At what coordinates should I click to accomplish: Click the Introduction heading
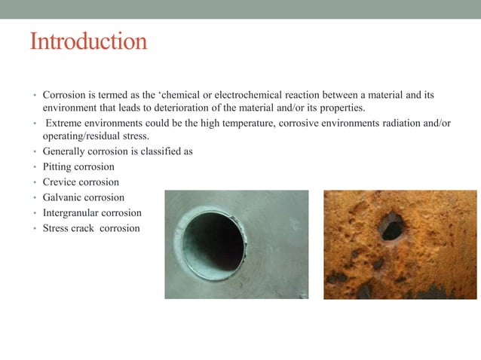click(88, 41)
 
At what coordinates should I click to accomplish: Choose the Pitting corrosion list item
click(78, 166)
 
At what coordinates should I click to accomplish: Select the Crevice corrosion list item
click(81, 182)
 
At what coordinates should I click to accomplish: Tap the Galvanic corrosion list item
click(83, 197)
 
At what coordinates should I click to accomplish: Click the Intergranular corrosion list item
click(92, 213)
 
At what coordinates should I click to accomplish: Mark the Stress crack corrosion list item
click(91, 228)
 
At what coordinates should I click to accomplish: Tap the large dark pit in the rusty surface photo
click(391, 227)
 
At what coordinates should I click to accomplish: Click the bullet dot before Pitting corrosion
click(34, 167)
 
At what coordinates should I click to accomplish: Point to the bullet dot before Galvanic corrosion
click(34, 198)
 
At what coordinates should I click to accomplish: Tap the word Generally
click(64, 151)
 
